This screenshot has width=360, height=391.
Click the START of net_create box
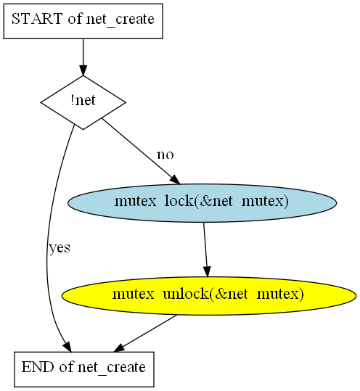pos(83,21)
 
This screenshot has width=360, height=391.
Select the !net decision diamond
pos(83,102)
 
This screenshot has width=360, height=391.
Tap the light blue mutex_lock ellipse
pos(202,203)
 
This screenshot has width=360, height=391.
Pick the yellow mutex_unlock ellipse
pos(209,296)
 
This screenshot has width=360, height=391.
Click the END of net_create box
pos(84,369)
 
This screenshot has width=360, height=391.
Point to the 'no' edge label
pos(165,155)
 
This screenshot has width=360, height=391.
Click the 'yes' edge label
pos(60,248)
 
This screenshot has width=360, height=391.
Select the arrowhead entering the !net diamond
pos(83,70)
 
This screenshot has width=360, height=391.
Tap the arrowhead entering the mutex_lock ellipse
pos(175,180)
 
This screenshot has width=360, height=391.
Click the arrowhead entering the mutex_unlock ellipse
pos(207,272)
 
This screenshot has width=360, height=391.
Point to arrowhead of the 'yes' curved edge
pos(67,347)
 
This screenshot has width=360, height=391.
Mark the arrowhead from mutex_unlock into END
pos(119,348)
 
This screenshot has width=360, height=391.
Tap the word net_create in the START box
pos(120,20)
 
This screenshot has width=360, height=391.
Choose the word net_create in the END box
pos(112,368)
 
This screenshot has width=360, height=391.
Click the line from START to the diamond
pos(83,52)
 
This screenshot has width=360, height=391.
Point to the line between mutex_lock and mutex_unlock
pos(205,244)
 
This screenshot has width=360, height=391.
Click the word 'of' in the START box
pos(75,18)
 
